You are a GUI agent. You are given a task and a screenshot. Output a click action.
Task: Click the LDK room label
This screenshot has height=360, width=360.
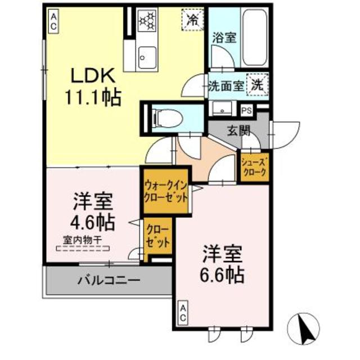click(93, 76)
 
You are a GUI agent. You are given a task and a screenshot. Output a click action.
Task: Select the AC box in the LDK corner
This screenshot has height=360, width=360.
click(53, 22)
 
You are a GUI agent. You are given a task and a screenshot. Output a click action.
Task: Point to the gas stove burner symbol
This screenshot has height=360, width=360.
click(148, 21)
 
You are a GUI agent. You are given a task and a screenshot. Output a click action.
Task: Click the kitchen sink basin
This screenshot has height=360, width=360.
click(148, 56)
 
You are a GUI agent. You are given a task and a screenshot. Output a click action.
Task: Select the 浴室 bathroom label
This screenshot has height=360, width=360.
click(224, 39)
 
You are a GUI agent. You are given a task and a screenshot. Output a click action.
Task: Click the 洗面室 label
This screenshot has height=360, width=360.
click(226, 87)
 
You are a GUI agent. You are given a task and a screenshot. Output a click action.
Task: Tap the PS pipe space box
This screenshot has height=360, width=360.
click(246, 110)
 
